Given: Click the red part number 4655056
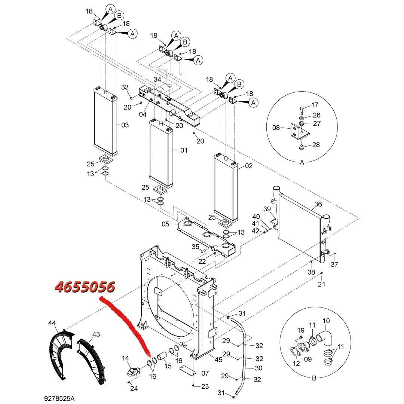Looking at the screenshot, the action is point(85,287).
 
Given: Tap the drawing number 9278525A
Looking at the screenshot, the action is point(59,398).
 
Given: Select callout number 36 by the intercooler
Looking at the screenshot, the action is point(318,204).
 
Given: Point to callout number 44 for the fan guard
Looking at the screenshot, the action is point(52,323).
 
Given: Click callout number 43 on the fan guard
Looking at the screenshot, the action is point(96,334).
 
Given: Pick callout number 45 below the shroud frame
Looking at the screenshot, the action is point(218,359).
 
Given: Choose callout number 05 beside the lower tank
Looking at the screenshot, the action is point(165,224).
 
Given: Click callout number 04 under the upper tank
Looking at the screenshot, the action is point(143,114).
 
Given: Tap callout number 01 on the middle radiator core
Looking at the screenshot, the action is point(184,150).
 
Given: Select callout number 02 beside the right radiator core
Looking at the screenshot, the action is point(249,166).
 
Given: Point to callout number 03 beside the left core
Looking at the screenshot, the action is point(125,125).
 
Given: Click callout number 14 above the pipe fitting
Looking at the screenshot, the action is point(125,358).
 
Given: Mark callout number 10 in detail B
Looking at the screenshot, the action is point(326,321).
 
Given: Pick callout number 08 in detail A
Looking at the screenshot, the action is point(276,128).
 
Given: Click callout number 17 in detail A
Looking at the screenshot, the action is point(315,105).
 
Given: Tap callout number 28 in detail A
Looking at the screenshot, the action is point(316,145).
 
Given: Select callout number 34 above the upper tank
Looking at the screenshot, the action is point(157,79).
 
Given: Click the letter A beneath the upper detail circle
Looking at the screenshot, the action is point(302,162).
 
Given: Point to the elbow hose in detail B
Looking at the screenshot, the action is point(325,338).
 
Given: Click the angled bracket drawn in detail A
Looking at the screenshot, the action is point(300,131).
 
